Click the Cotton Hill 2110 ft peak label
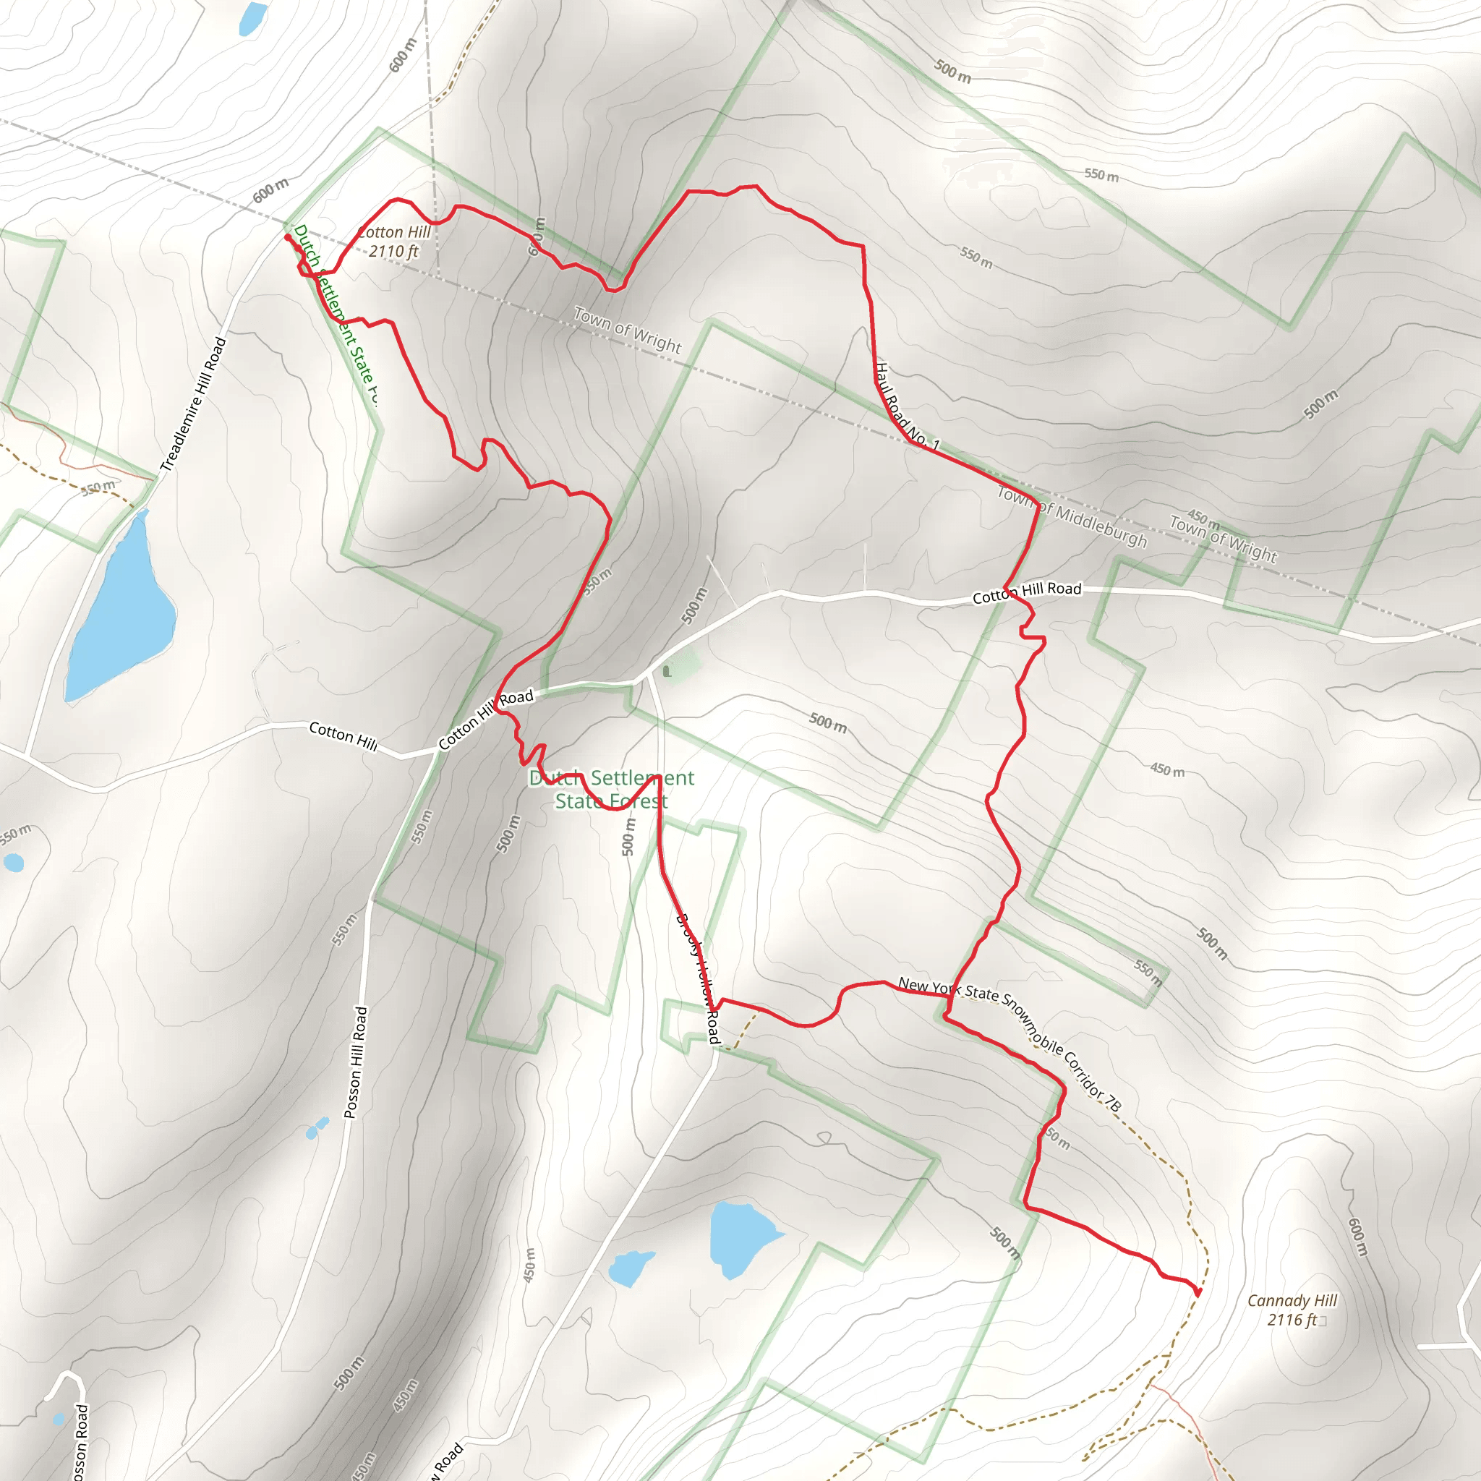pos(394,242)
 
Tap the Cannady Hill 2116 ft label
pos(1292,1310)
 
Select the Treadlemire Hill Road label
pos(193,404)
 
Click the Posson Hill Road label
pos(356,1062)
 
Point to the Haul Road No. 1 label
pos(907,406)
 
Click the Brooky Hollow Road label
pos(699,978)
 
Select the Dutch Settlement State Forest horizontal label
pos(611,790)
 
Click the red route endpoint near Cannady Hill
pos(1198,1292)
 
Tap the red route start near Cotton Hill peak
pos(288,238)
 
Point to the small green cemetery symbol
pos(667,672)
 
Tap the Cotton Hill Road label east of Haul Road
pos(1027,592)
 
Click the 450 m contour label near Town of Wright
pos(1203,519)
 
